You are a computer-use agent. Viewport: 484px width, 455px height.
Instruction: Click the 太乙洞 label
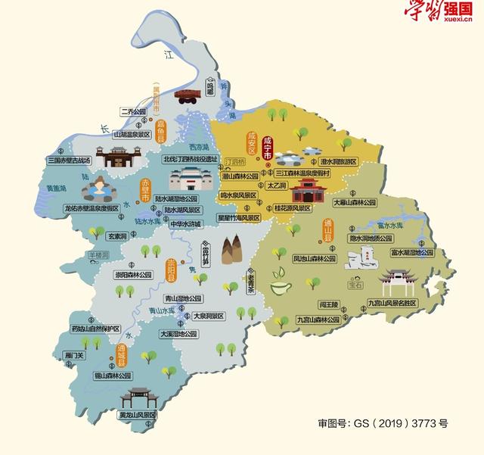point(276,184)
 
